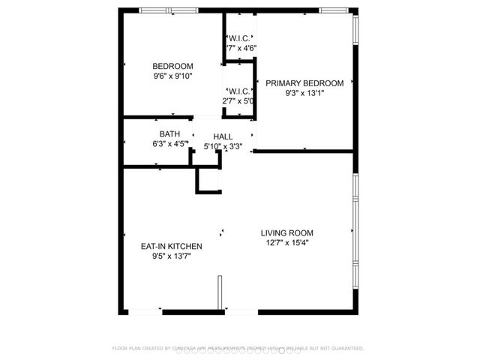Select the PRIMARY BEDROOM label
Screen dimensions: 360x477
(304, 83)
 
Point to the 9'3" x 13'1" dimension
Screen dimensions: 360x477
(304, 93)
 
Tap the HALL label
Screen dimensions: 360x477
(223, 136)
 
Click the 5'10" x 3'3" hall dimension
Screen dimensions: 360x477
(223, 146)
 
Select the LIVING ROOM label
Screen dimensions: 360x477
(287, 232)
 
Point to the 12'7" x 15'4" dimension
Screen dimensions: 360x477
(287, 242)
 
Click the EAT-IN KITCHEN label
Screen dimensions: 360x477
(172, 246)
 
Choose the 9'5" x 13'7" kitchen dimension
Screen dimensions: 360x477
(172, 256)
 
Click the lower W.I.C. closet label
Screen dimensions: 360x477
(239, 91)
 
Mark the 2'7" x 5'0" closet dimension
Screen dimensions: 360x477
(238, 100)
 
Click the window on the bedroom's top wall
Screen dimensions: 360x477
(169, 10)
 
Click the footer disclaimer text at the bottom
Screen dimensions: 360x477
(238, 348)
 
